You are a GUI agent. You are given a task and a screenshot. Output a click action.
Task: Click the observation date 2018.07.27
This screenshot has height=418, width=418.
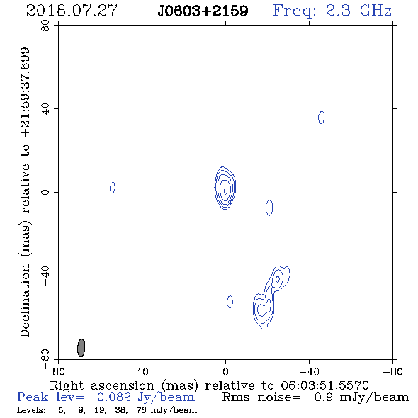[72, 11]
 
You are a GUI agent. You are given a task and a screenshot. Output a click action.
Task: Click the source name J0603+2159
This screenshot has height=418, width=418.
[203, 11]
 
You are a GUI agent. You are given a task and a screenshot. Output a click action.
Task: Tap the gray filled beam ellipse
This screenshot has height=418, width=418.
[81, 348]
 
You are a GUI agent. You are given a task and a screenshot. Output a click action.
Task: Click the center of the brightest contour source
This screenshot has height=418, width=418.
[225, 191]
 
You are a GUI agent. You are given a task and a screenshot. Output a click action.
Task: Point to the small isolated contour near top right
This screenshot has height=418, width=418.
[321, 118]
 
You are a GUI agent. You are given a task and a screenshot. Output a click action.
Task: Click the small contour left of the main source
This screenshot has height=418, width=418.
[113, 188]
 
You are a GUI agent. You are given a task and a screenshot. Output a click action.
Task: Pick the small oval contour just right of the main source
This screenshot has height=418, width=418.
[269, 208]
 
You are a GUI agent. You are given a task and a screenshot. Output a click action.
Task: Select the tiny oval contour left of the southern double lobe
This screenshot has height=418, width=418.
[230, 302]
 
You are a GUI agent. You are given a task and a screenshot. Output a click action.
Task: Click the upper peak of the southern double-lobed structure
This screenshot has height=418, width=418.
[278, 279]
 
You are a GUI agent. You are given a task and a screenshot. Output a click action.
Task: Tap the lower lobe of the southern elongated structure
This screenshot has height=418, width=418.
[264, 309]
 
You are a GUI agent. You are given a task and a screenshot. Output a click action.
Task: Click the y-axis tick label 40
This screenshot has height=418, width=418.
[45, 109]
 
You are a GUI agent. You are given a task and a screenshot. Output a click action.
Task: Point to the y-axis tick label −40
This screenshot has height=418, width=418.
[45, 276]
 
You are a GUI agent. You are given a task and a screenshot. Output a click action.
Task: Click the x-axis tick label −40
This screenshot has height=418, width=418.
[309, 371]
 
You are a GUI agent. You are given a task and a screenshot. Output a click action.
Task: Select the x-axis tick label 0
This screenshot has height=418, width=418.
[225, 371]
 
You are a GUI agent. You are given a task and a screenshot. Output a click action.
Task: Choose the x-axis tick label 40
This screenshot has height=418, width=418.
[142, 371]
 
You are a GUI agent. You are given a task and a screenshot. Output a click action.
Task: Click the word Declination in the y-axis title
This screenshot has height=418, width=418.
[25, 300]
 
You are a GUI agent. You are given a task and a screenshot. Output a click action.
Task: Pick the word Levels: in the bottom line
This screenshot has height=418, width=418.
[31, 409]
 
